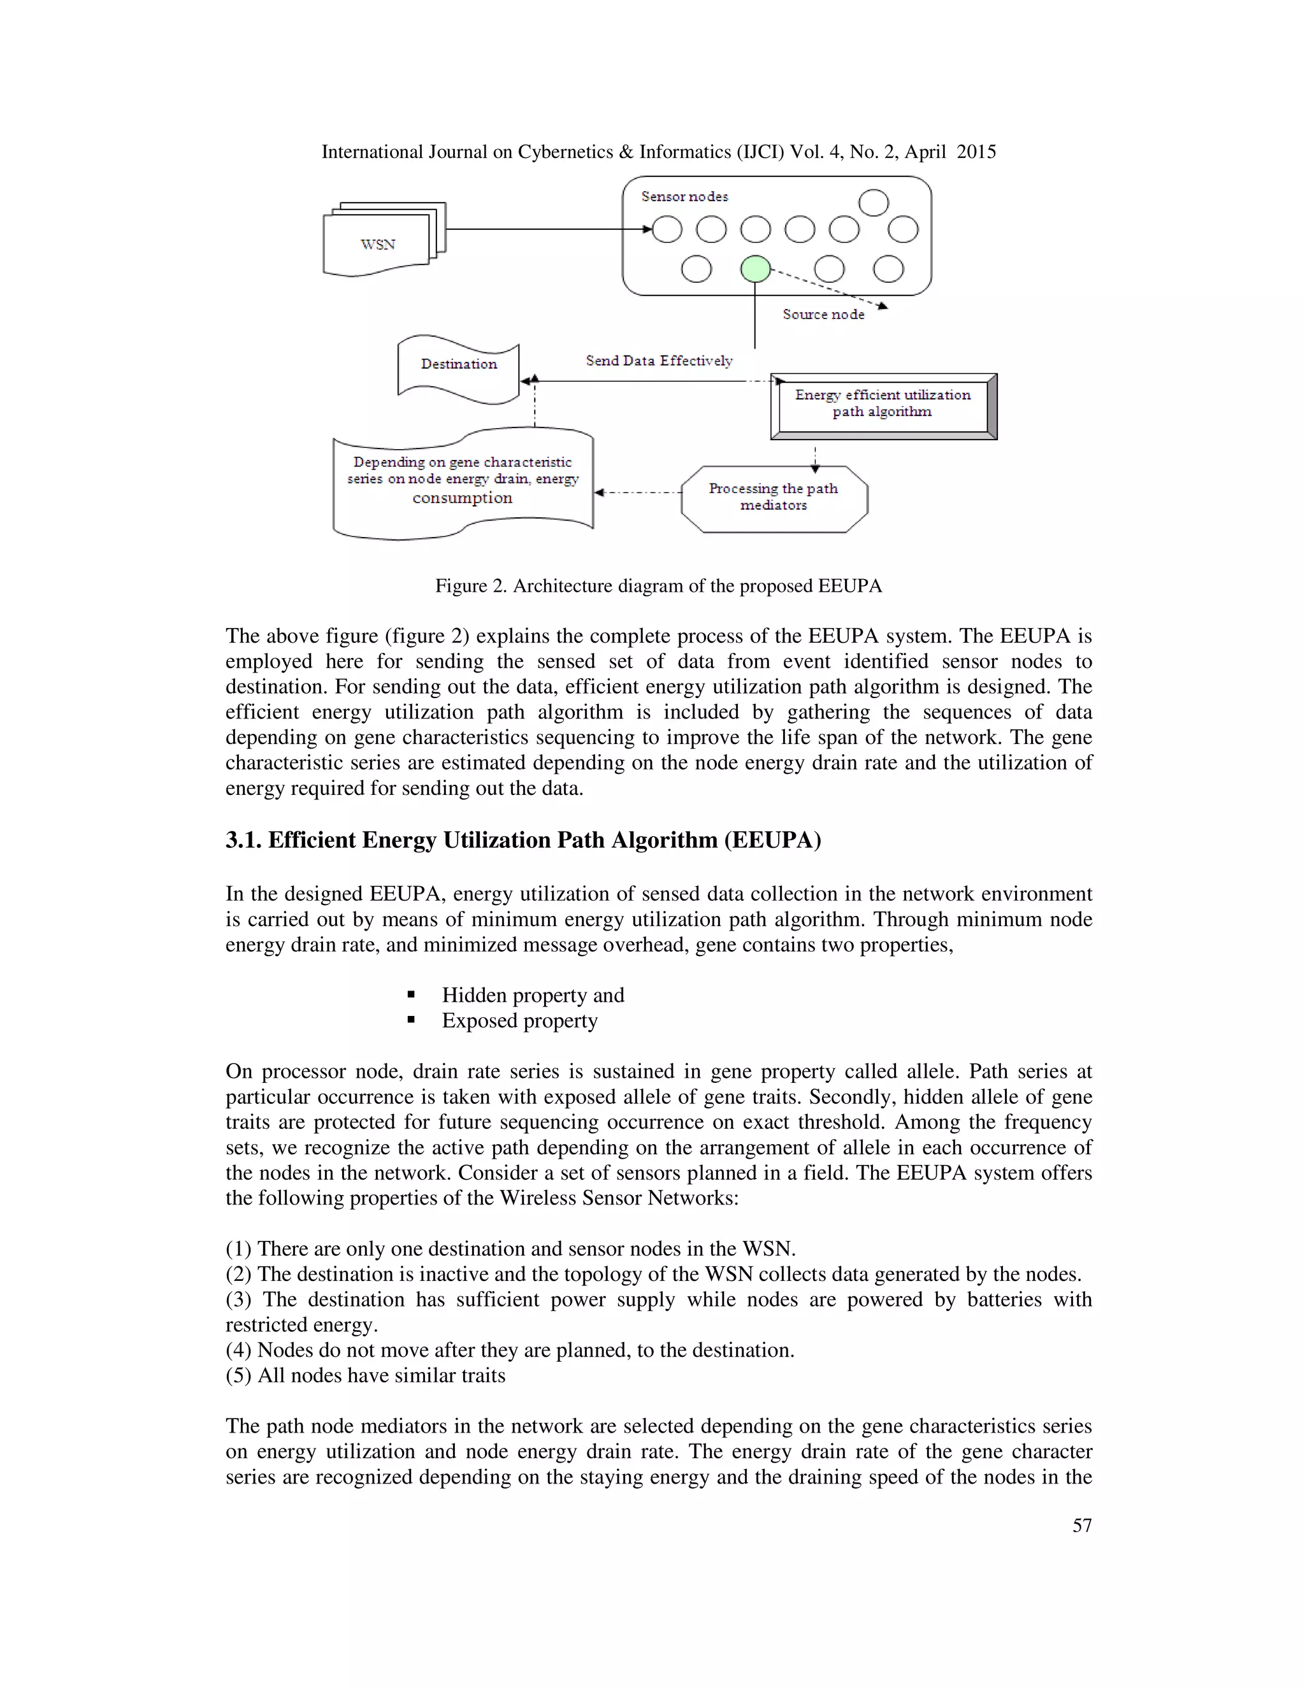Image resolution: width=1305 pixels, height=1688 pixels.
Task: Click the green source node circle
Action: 755,269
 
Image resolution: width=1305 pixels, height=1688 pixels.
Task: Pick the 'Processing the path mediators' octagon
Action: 774,497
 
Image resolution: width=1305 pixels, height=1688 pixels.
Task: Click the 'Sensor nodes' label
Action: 684,197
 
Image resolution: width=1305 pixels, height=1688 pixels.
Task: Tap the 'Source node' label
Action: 823,315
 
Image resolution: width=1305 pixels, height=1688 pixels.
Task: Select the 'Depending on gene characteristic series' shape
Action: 463,482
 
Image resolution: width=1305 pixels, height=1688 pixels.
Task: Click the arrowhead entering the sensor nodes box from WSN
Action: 646,229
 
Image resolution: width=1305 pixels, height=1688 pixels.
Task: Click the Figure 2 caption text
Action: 658,586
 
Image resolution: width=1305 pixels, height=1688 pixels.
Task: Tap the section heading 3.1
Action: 523,840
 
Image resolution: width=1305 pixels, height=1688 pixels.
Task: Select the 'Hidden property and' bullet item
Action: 533,996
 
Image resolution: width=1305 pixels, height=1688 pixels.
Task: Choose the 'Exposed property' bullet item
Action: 519,1021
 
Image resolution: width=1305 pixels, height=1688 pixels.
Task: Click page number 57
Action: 1081,1525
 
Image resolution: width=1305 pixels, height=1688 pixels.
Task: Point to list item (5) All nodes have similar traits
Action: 366,1376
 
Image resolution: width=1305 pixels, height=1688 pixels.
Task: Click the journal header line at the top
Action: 658,152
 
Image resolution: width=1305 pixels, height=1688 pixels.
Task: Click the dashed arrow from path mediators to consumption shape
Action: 638,492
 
